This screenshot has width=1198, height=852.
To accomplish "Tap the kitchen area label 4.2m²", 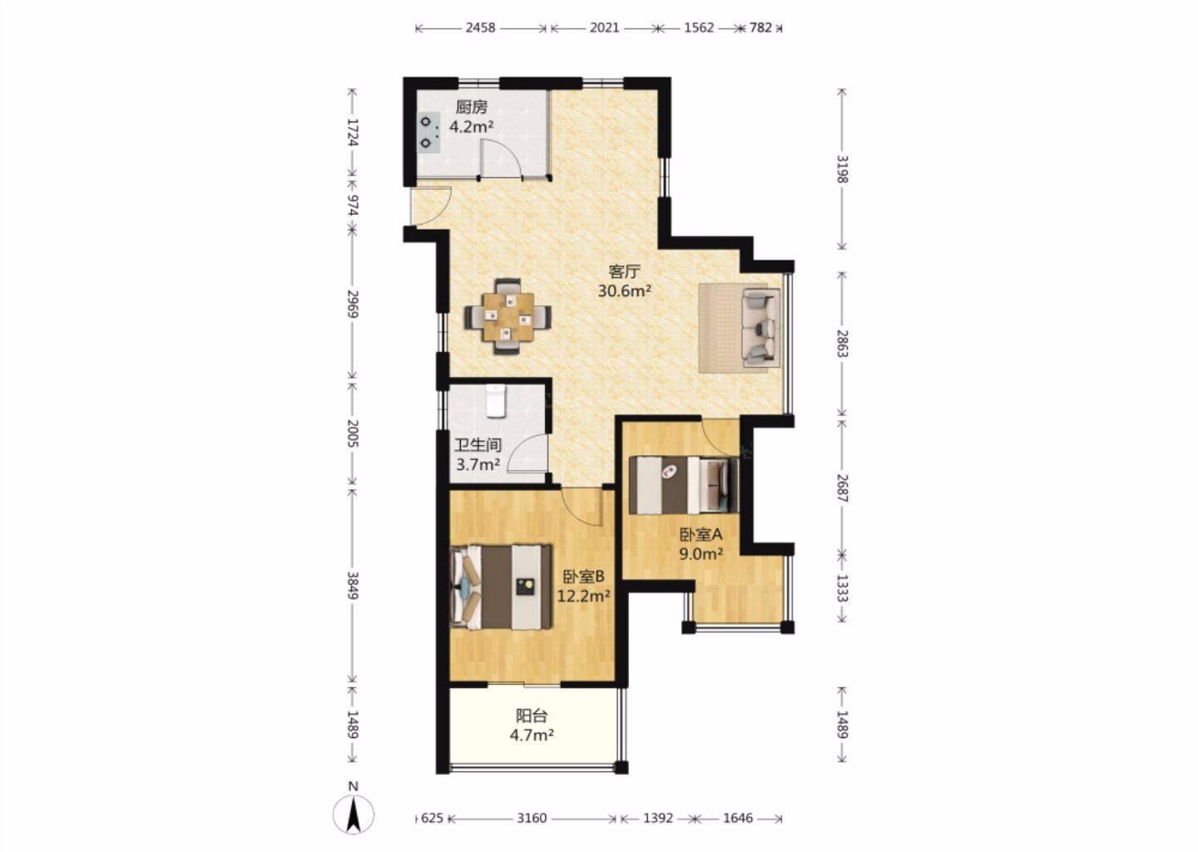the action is [471, 127].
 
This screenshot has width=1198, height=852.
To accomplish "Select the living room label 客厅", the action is [624, 272].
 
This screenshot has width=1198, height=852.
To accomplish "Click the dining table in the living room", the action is [507, 317].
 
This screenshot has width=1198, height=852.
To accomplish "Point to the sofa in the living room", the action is [760, 327].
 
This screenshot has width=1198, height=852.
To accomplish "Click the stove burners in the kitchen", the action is [428, 132].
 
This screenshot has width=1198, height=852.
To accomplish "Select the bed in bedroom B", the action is [501, 587].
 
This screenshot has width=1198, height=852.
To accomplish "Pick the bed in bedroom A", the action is [684, 484].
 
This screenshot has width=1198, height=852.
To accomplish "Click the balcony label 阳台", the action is [532, 716].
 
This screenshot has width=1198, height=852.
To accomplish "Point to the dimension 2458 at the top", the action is [480, 27].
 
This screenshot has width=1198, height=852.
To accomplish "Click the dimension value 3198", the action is [842, 169].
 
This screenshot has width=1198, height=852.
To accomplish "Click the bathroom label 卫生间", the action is [478, 445].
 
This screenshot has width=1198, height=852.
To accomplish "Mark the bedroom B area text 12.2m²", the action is [584, 596].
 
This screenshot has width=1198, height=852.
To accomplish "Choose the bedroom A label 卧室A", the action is [701, 534].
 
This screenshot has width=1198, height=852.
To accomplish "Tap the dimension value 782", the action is [760, 27].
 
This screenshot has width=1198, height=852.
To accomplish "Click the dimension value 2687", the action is [842, 488].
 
